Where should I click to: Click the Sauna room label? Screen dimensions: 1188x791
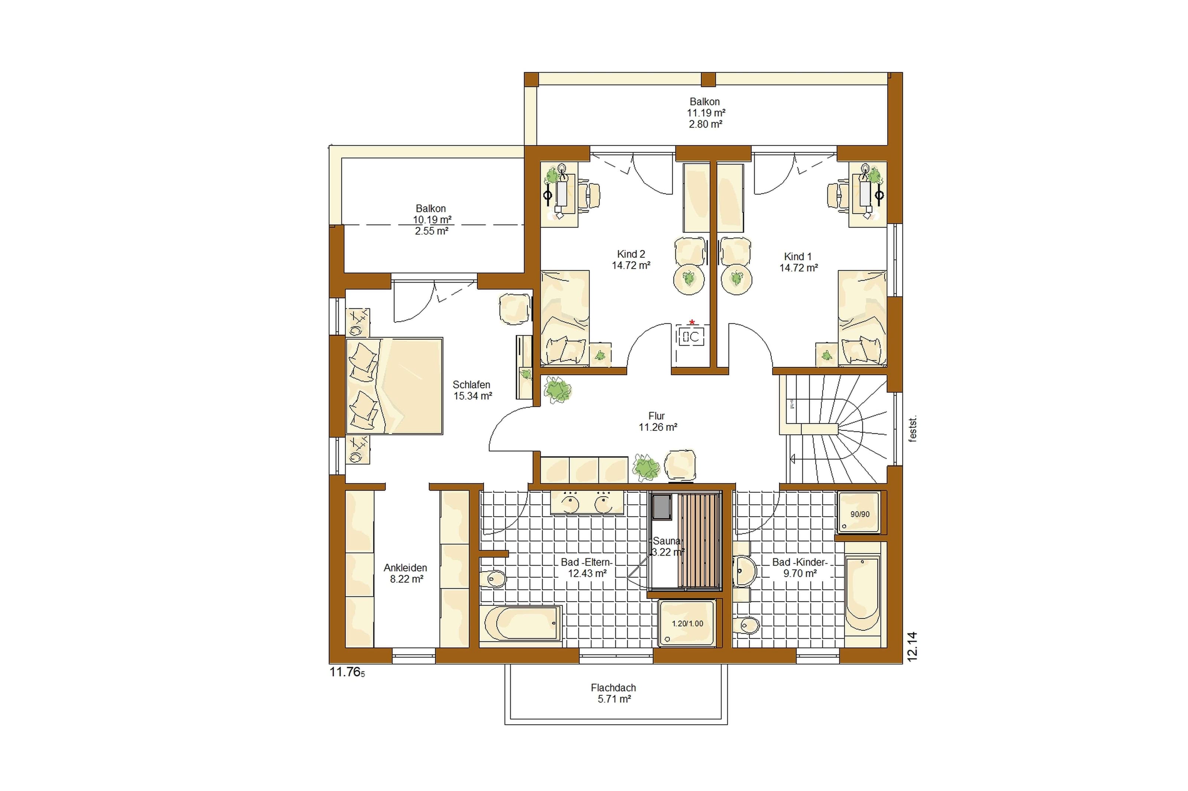pos(666,541)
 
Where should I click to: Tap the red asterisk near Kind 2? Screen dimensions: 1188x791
pos(692,322)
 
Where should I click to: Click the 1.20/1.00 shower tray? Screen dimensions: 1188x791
pos(687,623)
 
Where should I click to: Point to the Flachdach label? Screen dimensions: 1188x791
pos(613,688)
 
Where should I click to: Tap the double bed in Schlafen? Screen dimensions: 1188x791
pos(394,386)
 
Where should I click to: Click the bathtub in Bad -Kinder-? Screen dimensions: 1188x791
pos(862,593)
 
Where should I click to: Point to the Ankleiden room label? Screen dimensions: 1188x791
pos(405,567)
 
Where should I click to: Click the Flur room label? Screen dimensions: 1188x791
pos(656,416)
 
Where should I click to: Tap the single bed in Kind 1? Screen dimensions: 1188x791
pos(862,318)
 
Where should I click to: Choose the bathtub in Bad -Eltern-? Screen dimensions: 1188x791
pos(520,623)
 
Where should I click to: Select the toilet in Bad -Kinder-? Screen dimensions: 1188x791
pos(746,626)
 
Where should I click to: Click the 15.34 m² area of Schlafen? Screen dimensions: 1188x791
pos(473,396)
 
